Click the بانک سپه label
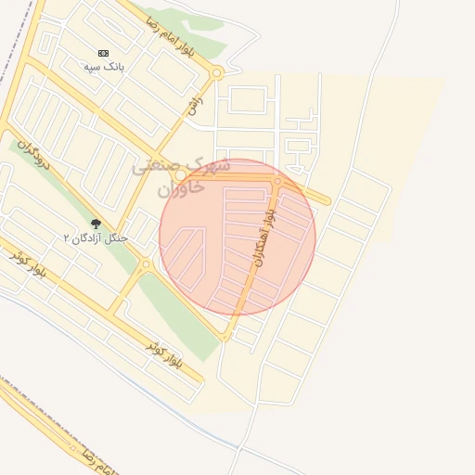coord(103,68)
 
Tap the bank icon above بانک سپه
coord(103,53)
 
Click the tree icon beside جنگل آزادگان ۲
coord(96,224)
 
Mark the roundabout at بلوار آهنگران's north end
coord(277,181)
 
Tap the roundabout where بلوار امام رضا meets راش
coord(216,72)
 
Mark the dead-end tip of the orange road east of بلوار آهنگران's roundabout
coord(327,200)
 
